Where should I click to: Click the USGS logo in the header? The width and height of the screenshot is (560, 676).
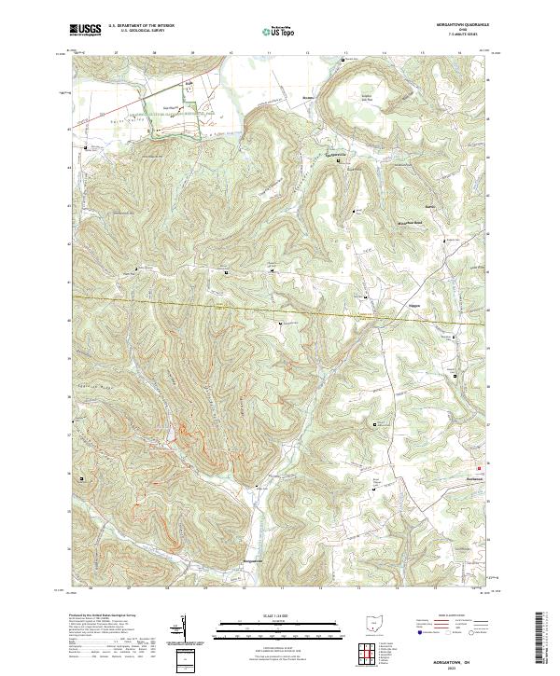pos(84,31)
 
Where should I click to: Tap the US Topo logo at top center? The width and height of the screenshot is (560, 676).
pos(279,31)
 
